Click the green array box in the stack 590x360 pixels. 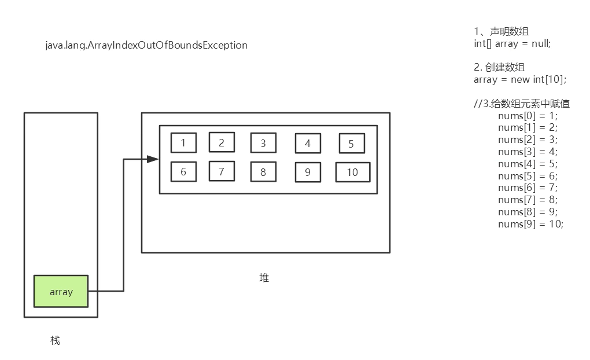pos(61,291)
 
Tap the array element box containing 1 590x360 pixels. pos(183,142)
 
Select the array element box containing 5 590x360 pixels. pos(351,144)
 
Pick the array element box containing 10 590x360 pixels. pos(352,172)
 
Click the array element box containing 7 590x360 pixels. pos(222,171)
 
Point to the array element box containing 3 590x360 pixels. pos(263,143)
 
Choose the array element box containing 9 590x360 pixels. pos(308,172)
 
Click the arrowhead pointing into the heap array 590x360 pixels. pos(153,159)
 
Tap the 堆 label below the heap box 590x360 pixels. pos(264,278)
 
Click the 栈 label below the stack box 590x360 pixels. pos(55,340)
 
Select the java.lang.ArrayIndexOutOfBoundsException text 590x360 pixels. pos(146,45)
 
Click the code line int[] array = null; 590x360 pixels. pos(512,43)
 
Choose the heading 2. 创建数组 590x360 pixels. pos(499,67)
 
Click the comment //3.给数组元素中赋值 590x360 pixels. pos(522,104)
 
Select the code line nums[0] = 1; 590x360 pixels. pos(528,116)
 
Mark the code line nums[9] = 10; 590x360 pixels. pos(530,224)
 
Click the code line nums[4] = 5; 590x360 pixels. pos(528,164)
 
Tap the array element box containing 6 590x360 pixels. pos(183,172)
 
